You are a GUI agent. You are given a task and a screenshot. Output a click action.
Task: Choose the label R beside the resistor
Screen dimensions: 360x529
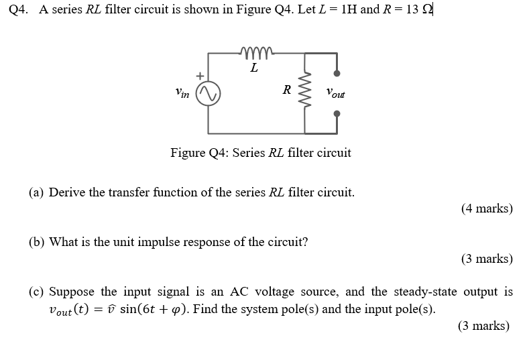(x=286, y=90)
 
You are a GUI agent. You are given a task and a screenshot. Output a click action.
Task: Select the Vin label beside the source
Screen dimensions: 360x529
(x=182, y=94)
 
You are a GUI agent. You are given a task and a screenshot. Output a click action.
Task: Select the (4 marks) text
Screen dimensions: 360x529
(x=487, y=208)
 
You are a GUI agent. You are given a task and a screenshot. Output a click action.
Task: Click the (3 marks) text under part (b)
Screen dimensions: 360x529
(x=487, y=259)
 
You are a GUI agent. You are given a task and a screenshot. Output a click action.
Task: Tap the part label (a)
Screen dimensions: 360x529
(x=37, y=192)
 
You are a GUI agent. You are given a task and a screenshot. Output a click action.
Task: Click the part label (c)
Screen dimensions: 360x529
(x=37, y=292)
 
